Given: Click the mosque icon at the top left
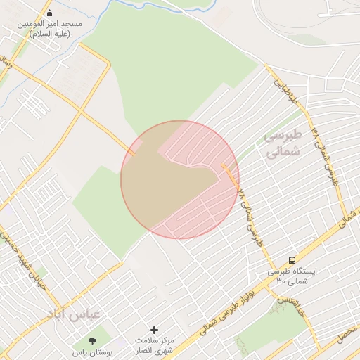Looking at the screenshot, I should click(x=50, y=13).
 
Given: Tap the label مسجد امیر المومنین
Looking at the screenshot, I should click(x=50, y=28).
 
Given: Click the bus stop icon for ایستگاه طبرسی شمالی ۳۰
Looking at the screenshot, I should click(x=292, y=259).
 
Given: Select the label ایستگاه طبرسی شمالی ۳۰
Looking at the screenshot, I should click(x=292, y=276).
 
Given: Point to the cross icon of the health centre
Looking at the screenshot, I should click(x=155, y=330).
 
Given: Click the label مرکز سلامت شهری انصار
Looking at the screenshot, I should click(x=155, y=345).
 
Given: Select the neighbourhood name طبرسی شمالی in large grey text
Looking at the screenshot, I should click(x=283, y=143).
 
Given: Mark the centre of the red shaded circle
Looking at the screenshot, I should click(x=179, y=179).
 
